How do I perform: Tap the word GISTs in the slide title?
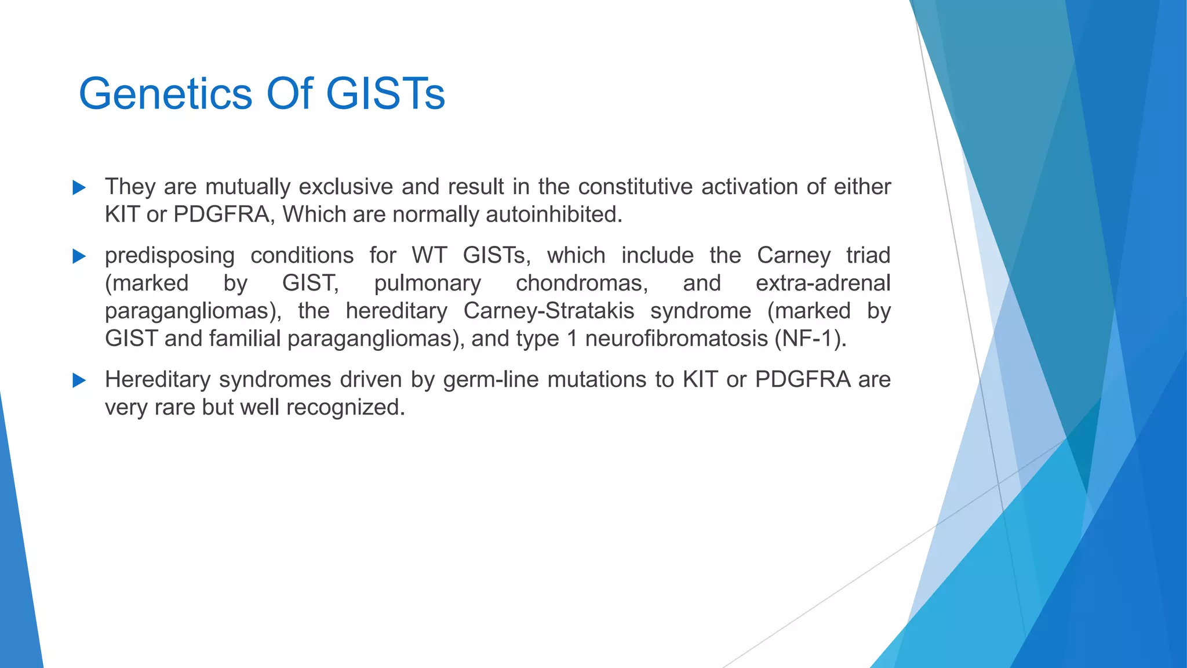[x=385, y=94]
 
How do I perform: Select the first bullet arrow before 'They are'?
[x=79, y=188]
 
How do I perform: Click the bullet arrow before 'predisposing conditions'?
[x=79, y=256]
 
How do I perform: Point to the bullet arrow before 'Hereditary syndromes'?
[x=79, y=380]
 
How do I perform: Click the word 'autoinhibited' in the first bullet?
[x=554, y=215]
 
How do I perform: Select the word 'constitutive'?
[x=635, y=187]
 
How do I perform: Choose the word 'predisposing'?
[x=170, y=256]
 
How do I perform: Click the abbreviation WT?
[x=429, y=255]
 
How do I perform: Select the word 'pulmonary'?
[x=427, y=284]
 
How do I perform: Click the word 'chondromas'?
[x=582, y=283]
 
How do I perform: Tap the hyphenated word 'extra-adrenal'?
[x=823, y=283]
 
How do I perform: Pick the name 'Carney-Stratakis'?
[x=549, y=311]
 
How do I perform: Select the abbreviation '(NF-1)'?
[x=811, y=338]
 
